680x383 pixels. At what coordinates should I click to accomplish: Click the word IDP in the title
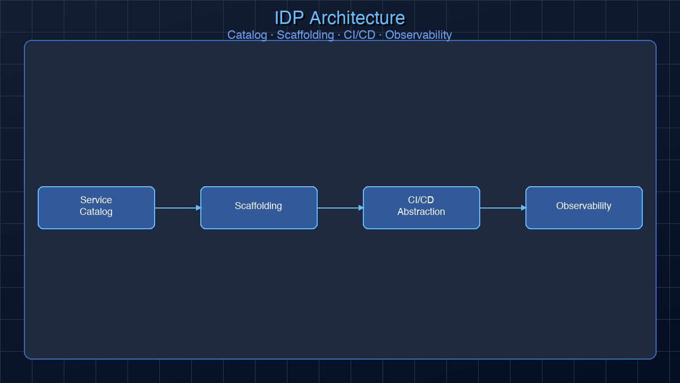pyautogui.click(x=289, y=18)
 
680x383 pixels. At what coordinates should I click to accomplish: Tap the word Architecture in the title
pyautogui.click(x=357, y=18)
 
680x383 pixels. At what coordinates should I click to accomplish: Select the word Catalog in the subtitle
pyautogui.click(x=247, y=35)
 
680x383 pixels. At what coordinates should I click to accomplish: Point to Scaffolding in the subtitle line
pyautogui.click(x=305, y=35)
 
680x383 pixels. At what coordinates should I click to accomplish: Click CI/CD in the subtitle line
pyautogui.click(x=359, y=35)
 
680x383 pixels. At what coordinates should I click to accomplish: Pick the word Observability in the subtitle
pyautogui.click(x=418, y=35)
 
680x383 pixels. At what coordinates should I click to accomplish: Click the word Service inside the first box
pyautogui.click(x=96, y=200)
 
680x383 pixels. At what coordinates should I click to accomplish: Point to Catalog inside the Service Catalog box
pyautogui.click(x=96, y=212)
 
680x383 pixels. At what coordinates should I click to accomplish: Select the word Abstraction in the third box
pyautogui.click(x=421, y=212)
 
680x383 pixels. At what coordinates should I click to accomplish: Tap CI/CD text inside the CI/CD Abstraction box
pyautogui.click(x=421, y=200)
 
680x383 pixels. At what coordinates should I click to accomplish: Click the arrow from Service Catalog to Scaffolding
pyautogui.click(x=175, y=208)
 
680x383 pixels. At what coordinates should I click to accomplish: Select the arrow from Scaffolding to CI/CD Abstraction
pyautogui.click(x=338, y=208)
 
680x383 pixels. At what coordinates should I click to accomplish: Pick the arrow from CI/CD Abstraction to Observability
pyautogui.click(x=500, y=208)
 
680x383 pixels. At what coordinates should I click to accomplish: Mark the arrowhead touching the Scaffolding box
pyautogui.click(x=198, y=208)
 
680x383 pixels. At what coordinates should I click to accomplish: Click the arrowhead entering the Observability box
pyautogui.click(x=523, y=208)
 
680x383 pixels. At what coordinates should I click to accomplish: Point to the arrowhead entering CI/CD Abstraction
pyautogui.click(x=361, y=208)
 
